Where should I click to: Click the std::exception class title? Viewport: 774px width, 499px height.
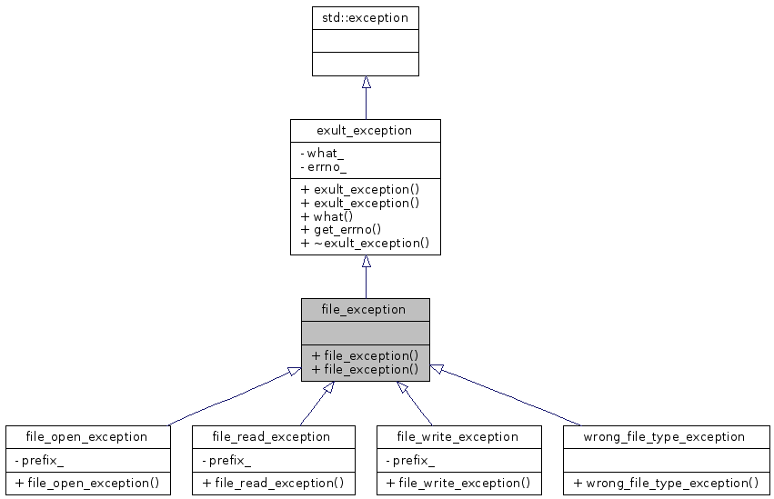point(366,17)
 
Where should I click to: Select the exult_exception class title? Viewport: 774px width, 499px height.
point(365,130)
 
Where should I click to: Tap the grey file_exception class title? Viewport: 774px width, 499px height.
point(365,309)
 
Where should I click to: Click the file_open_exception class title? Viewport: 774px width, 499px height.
point(87,436)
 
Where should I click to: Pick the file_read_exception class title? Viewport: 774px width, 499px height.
point(271,436)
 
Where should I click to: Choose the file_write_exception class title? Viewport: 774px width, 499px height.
point(458,436)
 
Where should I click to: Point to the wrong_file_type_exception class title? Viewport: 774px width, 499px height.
point(667,436)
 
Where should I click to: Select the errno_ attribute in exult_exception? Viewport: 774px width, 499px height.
point(324,167)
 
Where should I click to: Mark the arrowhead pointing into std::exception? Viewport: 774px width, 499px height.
point(366,84)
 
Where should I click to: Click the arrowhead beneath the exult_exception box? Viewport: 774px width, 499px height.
point(366,262)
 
